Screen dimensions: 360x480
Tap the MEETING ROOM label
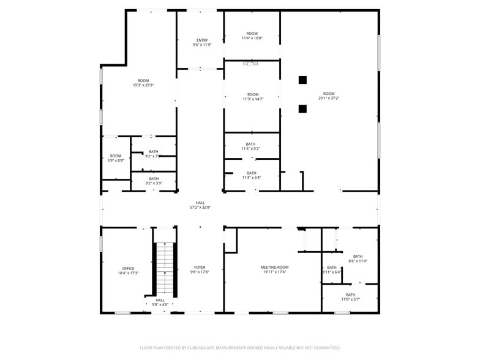[274, 268]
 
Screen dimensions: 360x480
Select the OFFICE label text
[128, 269]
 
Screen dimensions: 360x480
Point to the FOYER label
[200, 268]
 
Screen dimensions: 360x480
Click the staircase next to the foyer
[164, 269]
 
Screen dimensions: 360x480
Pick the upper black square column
[302, 80]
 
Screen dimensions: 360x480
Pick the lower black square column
[302, 109]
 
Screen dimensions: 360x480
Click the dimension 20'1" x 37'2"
[329, 98]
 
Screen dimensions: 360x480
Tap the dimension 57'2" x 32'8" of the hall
[200, 208]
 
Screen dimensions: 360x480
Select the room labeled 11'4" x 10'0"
[252, 36]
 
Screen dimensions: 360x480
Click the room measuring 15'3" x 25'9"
[143, 83]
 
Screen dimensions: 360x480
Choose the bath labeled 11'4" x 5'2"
[251, 146]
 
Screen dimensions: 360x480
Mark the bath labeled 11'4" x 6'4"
[252, 175]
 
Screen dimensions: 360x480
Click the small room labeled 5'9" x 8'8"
[116, 158]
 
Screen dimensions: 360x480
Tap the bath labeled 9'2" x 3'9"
[153, 181]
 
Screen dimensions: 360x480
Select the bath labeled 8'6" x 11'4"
[358, 258]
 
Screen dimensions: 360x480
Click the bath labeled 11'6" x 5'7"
[351, 297]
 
